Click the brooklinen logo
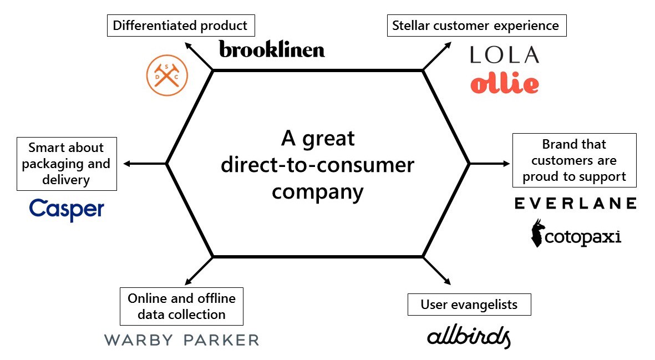coord(272,49)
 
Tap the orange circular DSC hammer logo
coord(166,75)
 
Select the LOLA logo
coord(504,54)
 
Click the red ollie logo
coord(504,83)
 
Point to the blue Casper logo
coord(67,210)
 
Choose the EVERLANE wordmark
coord(575,204)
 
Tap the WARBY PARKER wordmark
coord(181,340)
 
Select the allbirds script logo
coord(469,336)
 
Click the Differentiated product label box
coord(180,26)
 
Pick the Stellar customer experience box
coord(475,26)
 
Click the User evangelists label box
coord(469,305)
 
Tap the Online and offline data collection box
coord(181,306)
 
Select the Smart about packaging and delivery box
coord(67,164)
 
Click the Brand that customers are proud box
coord(574,160)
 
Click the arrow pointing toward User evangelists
coord(438,271)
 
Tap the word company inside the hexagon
coord(317,191)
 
